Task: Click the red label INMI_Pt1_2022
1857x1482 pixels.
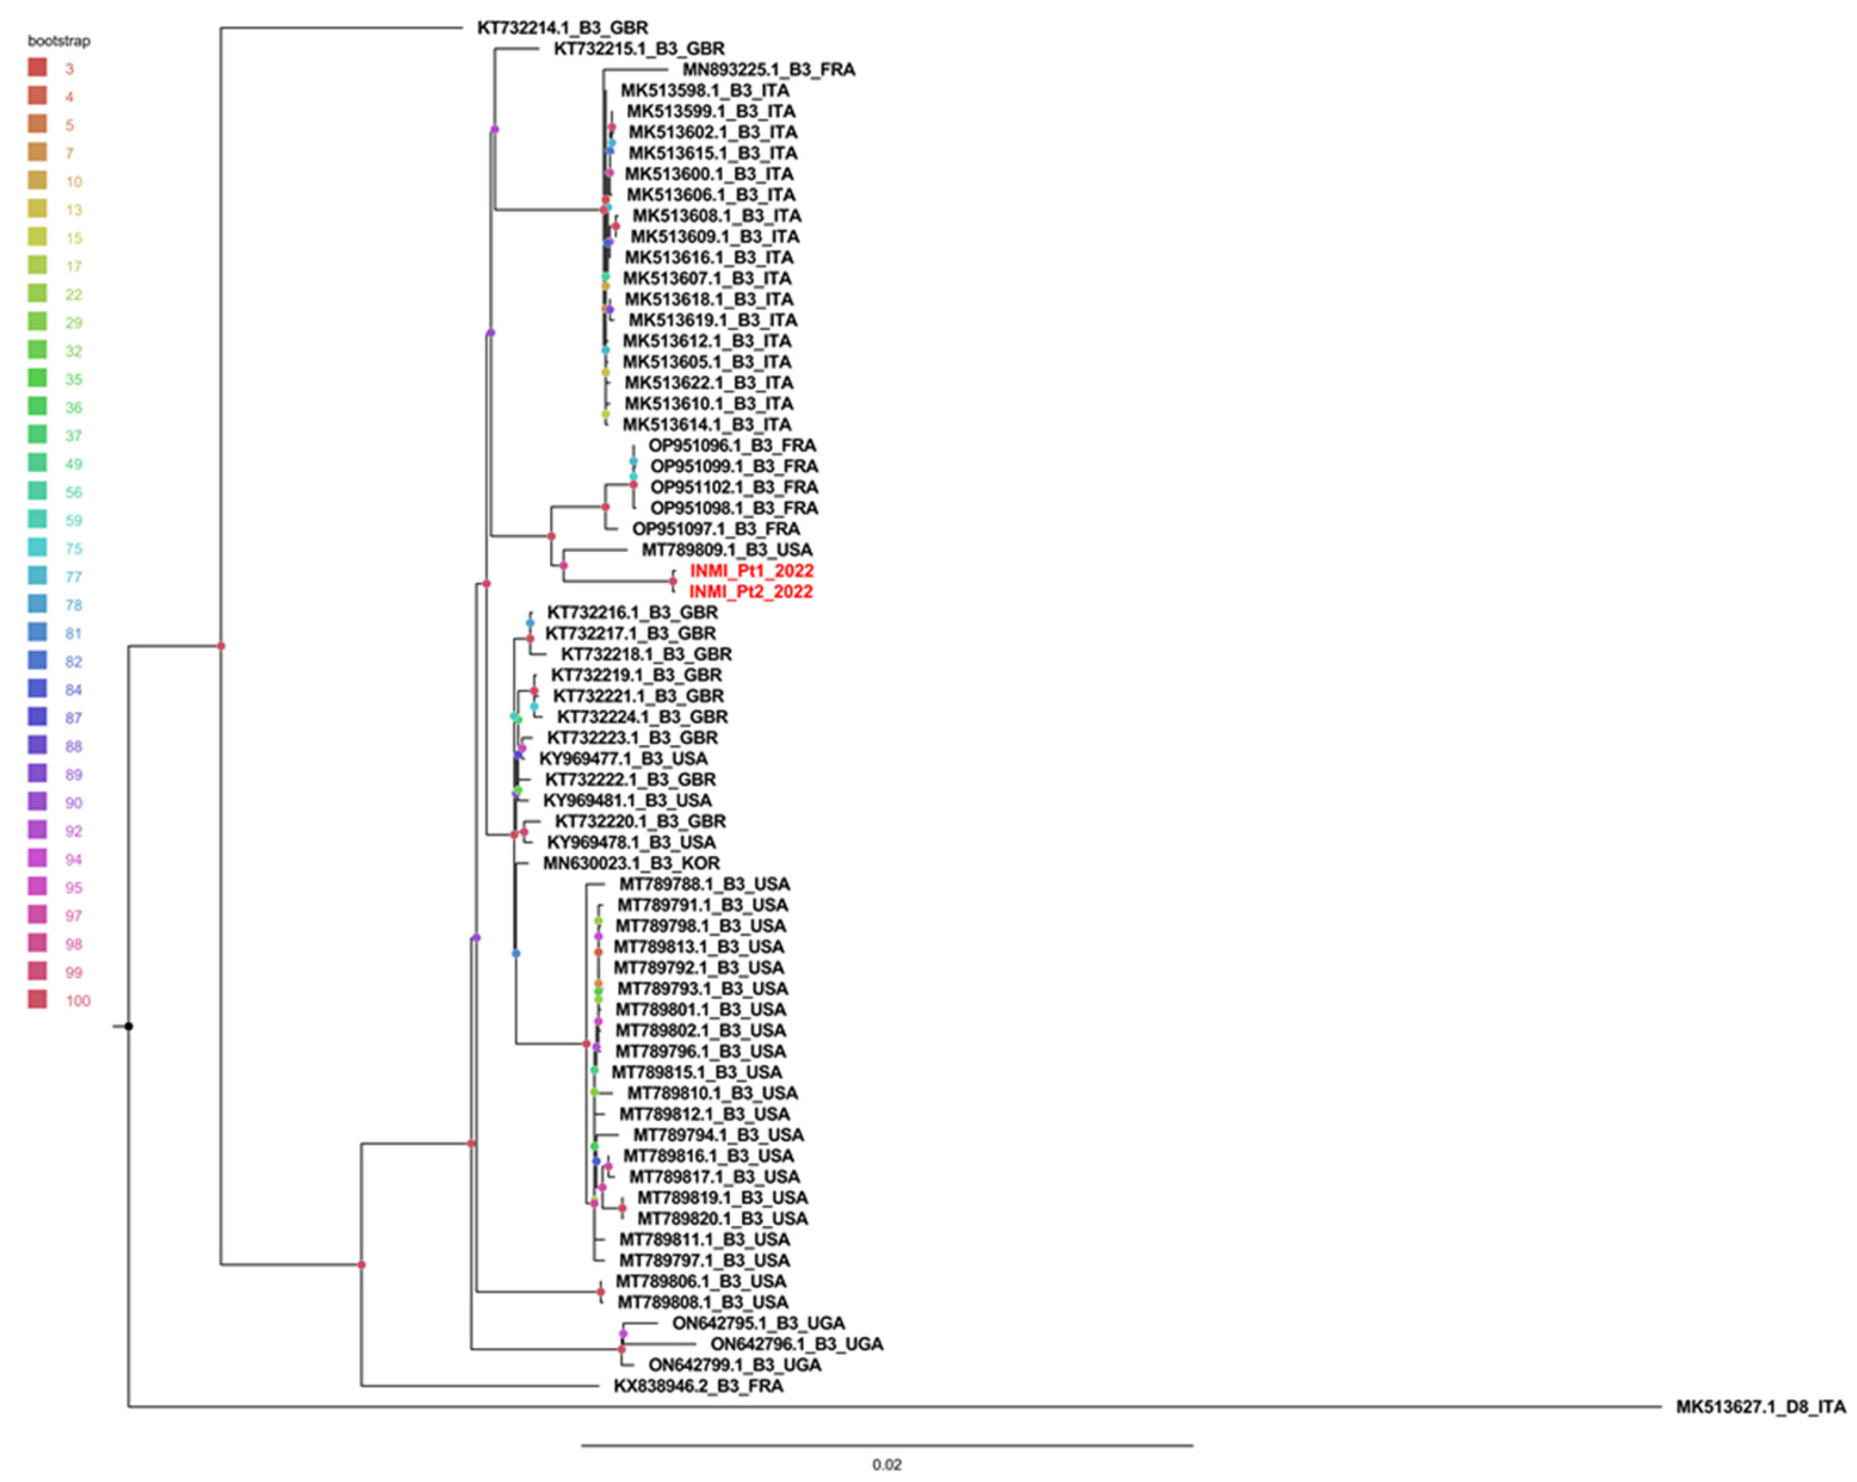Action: [x=751, y=570]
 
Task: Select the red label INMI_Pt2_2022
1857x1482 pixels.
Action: [x=750, y=592]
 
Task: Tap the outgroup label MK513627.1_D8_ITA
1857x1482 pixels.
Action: [x=1761, y=1407]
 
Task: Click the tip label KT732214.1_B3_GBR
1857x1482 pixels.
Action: [x=563, y=27]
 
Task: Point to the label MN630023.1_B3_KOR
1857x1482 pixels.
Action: [x=631, y=863]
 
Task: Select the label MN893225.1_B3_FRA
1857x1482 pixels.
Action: [x=769, y=70]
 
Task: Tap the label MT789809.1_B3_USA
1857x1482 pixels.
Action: [x=727, y=549]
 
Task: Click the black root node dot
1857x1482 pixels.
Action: [x=129, y=1026]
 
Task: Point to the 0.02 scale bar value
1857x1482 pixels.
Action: [x=886, y=1464]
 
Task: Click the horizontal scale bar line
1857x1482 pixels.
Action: [x=886, y=1445]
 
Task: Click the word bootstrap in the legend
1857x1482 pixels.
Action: [x=58, y=41]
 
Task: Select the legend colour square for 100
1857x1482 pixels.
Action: [x=37, y=999]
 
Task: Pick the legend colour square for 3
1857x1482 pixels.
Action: [x=37, y=67]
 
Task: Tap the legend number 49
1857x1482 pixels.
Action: [x=74, y=464]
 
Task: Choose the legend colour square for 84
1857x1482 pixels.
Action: [x=37, y=688]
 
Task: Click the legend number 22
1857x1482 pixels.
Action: [x=74, y=295]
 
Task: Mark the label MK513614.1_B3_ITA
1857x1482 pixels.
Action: [x=706, y=425]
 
